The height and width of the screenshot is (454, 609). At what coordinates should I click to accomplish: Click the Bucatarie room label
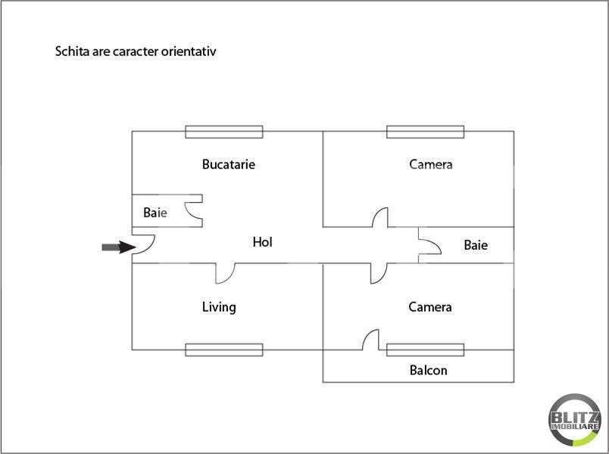[228, 164]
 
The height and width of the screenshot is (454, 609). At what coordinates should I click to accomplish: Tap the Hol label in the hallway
[262, 242]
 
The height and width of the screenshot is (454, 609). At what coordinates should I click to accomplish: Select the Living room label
[219, 307]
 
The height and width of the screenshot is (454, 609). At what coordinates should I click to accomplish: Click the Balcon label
[428, 371]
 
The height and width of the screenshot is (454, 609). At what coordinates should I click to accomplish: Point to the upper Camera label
[431, 164]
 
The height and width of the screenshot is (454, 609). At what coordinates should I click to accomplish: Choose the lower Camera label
[430, 307]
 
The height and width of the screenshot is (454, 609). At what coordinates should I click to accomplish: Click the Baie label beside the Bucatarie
[155, 213]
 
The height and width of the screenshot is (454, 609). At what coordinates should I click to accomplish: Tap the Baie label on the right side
[476, 245]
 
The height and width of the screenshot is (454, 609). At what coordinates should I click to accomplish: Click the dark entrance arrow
[116, 247]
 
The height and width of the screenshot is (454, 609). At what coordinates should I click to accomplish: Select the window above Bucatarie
[224, 132]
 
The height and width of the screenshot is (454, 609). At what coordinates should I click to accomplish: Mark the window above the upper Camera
[425, 132]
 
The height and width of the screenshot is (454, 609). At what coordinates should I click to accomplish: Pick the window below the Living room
[224, 350]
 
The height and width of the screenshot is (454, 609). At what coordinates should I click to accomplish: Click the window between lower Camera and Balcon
[425, 350]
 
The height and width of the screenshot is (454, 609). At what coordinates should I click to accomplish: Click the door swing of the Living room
[224, 273]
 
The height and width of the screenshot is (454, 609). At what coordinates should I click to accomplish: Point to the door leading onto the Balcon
[370, 340]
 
